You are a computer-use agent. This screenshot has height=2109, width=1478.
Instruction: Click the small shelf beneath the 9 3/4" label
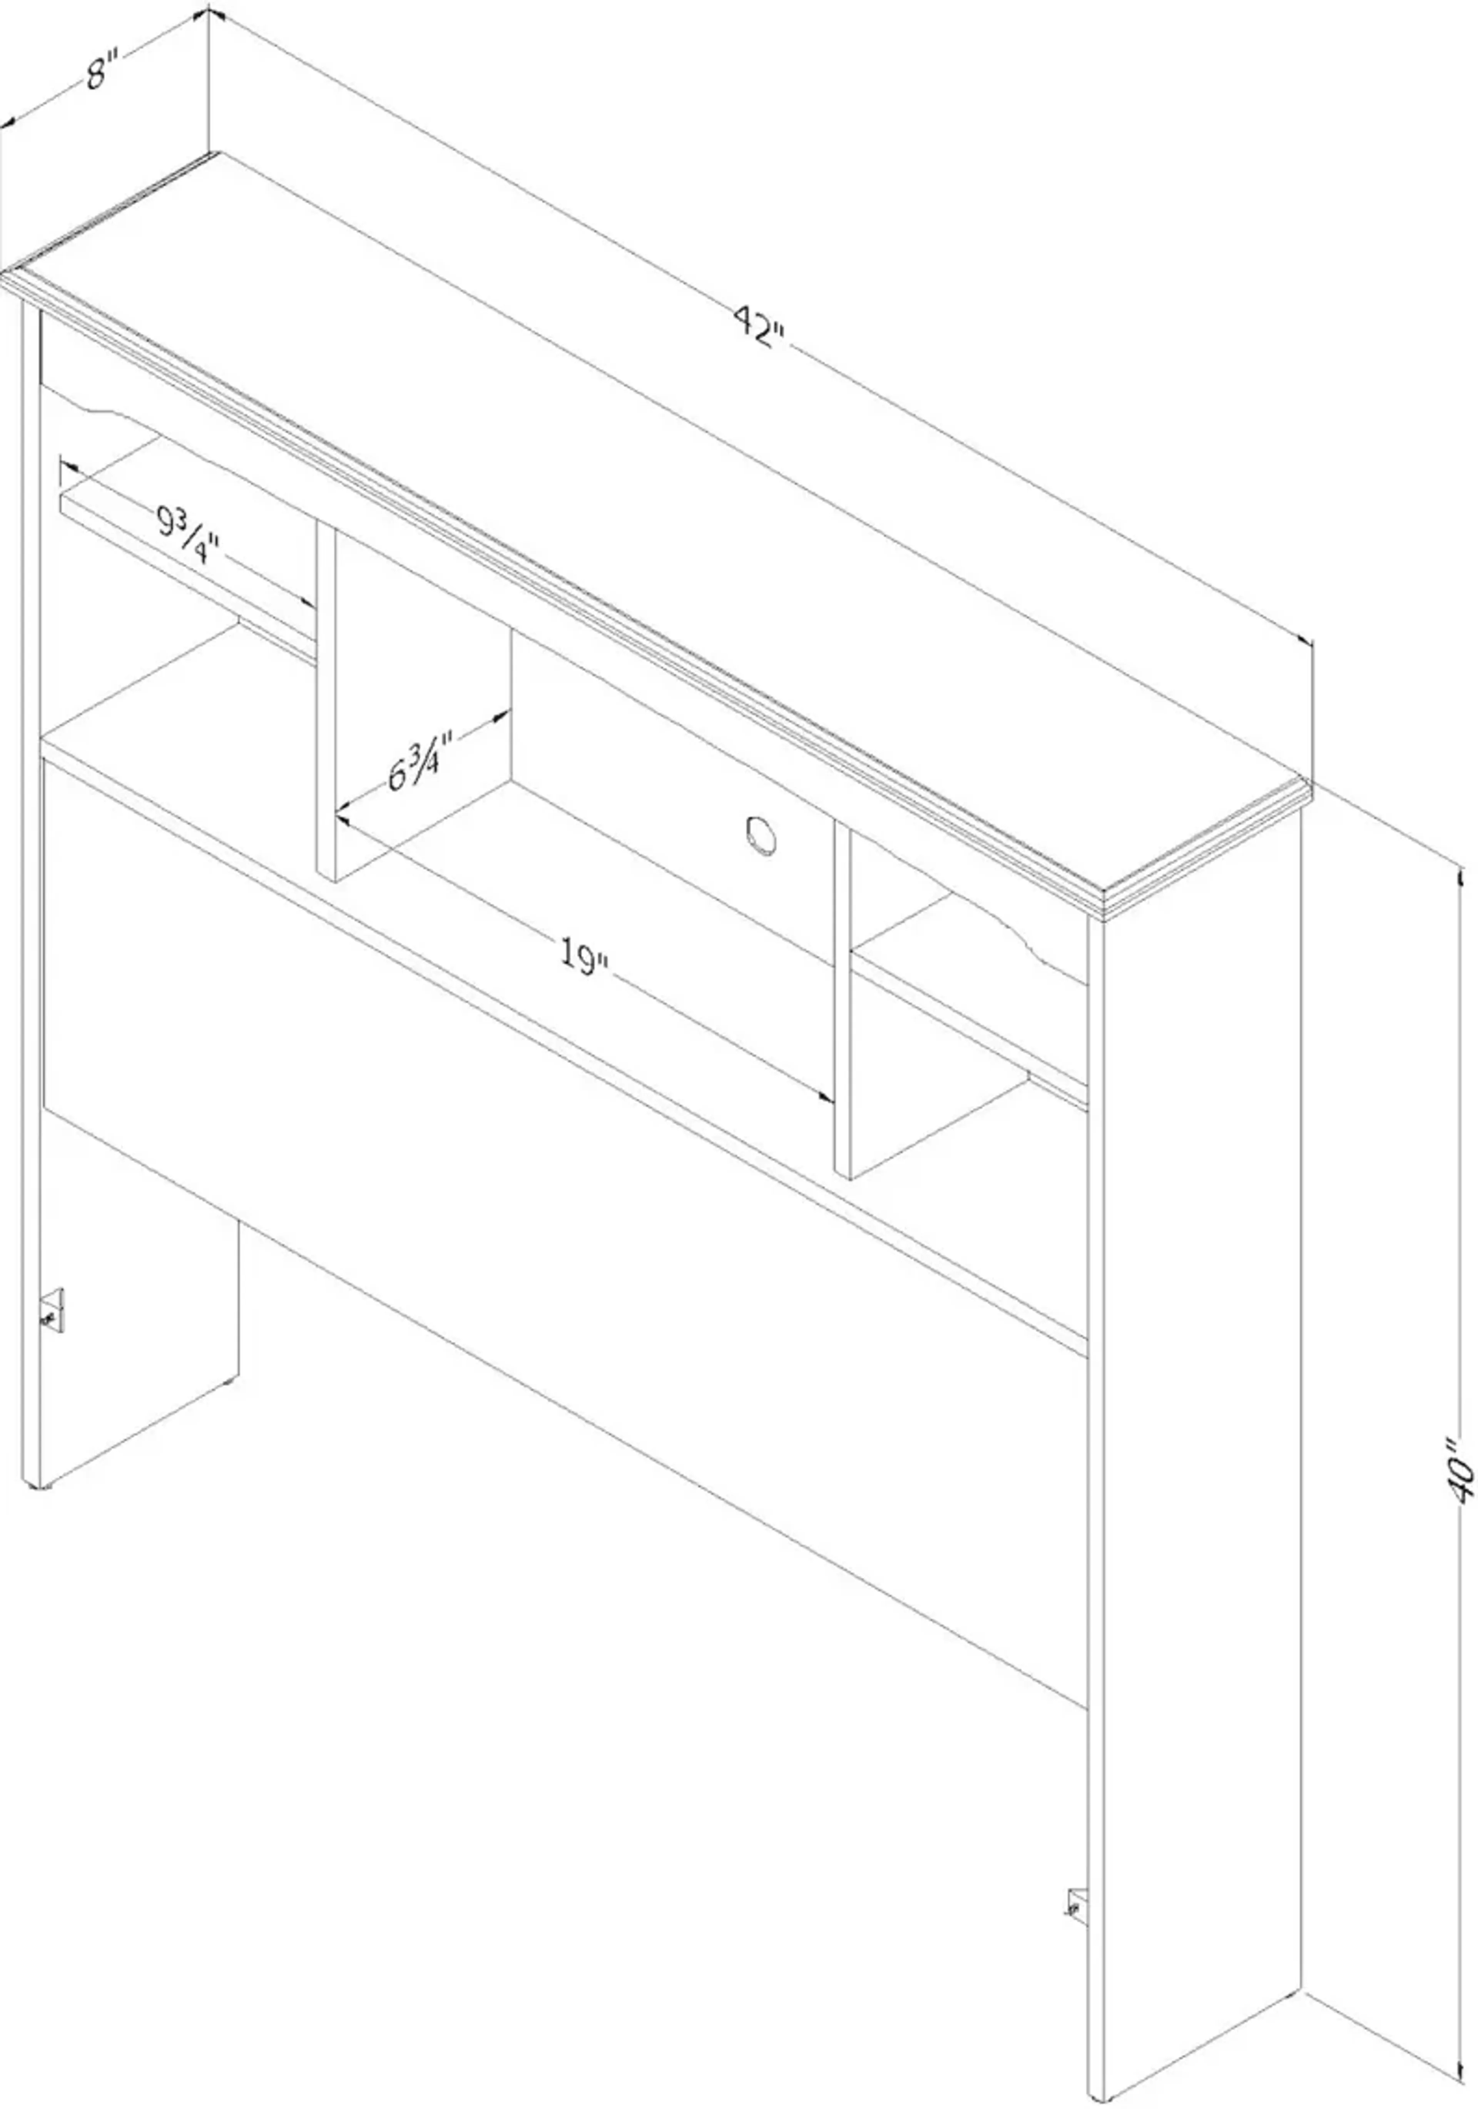click(x=184, y=570)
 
